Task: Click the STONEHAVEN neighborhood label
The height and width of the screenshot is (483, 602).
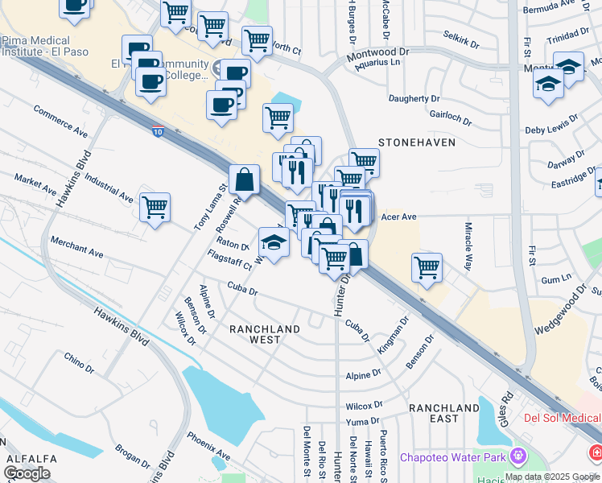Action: tap(417, 142)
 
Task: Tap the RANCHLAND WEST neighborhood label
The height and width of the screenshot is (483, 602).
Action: tap(265, 334)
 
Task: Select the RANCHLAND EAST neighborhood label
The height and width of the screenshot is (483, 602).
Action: tap(444, 413)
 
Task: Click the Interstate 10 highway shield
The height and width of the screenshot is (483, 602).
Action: tap(159, 129)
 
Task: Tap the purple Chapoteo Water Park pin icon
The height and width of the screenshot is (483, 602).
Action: tap(517, 457)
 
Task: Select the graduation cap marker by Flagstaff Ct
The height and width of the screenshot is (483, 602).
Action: tap(274, 242)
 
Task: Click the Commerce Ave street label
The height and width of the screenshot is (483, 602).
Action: tap(60, 120)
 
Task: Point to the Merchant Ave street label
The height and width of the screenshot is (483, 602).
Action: tap(76, 247)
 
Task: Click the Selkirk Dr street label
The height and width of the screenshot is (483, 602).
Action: tap(461, 36)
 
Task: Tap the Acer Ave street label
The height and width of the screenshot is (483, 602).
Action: tap(398, 217)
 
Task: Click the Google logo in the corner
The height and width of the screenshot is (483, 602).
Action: tap(27, 473)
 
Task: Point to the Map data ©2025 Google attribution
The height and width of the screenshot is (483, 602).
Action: tap(552, 477)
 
